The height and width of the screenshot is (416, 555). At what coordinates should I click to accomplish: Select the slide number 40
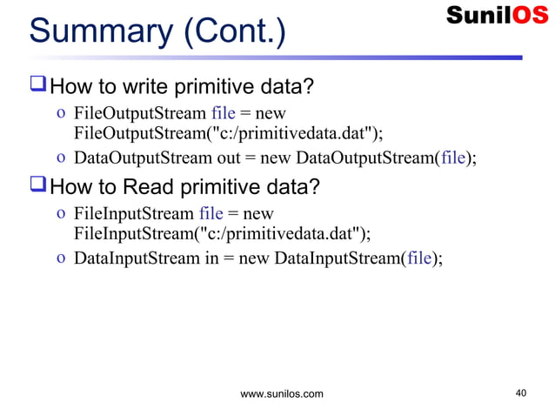pos(520,393)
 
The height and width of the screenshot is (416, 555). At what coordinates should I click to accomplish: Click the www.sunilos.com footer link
pos(281,394)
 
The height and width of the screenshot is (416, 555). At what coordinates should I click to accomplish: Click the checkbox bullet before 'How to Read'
pos(37,186)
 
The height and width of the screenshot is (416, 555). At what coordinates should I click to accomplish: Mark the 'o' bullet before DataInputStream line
pos(59,259)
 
